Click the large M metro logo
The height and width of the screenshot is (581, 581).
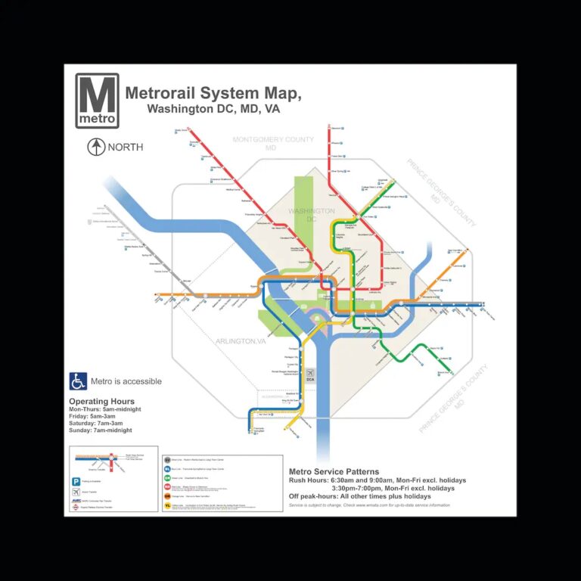(97, 101)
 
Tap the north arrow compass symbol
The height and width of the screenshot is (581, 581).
(95, 147)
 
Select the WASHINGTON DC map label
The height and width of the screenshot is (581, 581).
(312, 215)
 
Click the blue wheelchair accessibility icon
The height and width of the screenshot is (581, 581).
(78, 381)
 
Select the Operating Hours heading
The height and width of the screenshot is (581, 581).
(101, 401)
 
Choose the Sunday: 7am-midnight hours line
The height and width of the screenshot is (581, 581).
(101, 430)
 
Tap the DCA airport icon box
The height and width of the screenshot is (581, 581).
(309, 375)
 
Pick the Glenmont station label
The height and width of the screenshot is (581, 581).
(337, 129)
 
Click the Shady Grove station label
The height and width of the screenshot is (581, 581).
(181, 130)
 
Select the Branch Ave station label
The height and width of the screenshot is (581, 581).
(444, 373)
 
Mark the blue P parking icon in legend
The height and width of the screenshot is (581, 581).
(76, 481)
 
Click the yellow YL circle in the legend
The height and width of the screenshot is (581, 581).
(167, 506)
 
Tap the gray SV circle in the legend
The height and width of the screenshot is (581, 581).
(167, 459)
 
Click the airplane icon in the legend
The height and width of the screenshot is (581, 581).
(76, 491)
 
